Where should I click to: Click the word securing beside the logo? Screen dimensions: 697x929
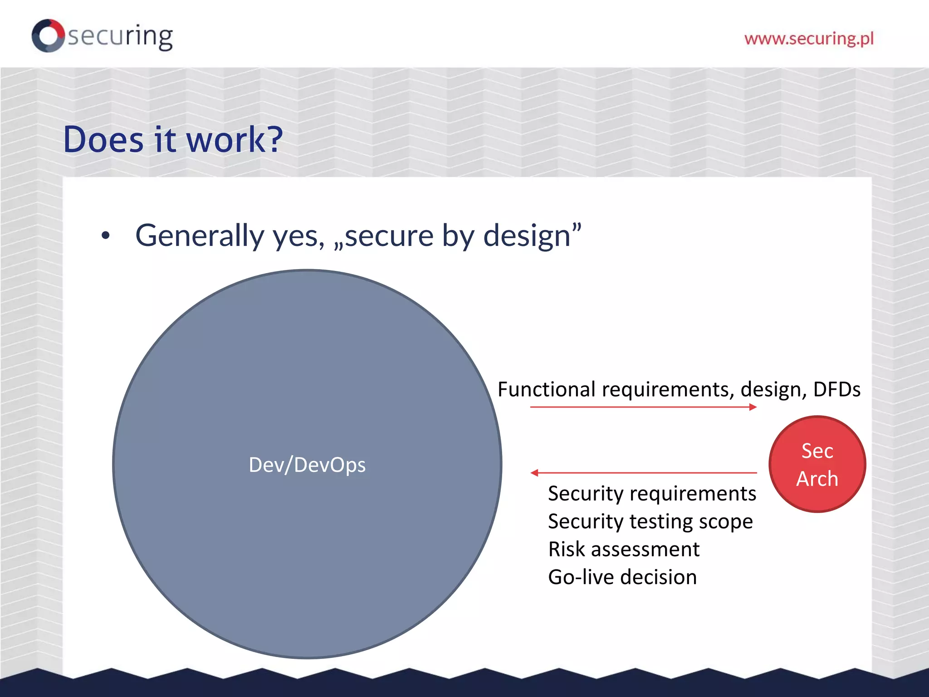pyautogui.click(x=121, y=36)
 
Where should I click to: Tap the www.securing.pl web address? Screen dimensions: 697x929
pyautogui.click(x=809, y=39)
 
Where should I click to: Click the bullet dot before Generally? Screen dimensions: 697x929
pyautogui.click(x=106, y=236)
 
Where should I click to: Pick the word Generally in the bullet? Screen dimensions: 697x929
pyautogui.click(x=200, y=236)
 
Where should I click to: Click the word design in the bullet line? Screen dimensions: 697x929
pyautogui.click(x=526, y=236)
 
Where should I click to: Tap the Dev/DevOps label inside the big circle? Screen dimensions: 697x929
pyautogui.click(x=307, y=465)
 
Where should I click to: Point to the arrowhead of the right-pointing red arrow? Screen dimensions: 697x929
pyautogui.click(x=753, y=407)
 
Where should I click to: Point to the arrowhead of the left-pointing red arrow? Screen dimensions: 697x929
pyautogui.click(x=534, y=473)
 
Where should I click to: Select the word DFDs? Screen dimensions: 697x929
pyautogui.click(x=836, y=389)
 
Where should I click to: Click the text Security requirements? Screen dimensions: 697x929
pyautogui.click(x=652, y=493)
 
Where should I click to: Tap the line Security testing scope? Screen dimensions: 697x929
pyautogui.click(x=650, y=521)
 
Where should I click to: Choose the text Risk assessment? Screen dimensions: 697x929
pyautogui.click(x=624, y=549)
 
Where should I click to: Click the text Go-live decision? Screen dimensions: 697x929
pyautogui.click(x=622, y=577)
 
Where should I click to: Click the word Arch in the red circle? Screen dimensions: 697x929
pyautogui.click(x=817, y=479)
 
